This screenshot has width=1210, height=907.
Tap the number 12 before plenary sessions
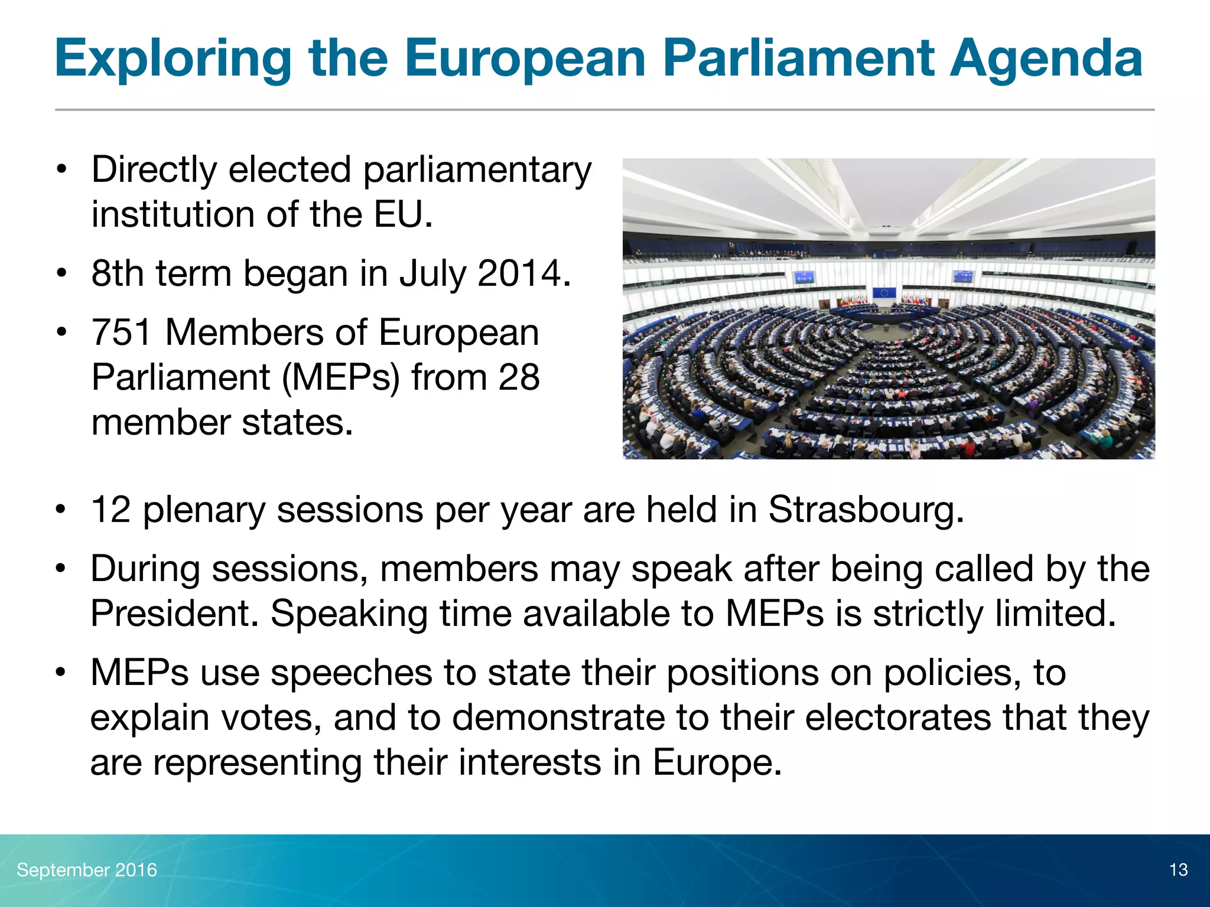[x=111, y=509]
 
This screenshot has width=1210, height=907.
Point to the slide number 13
[x=1178, y=870]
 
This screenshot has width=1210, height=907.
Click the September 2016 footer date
[x=87, y=870]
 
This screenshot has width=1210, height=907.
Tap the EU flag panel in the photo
[x=884, y=293]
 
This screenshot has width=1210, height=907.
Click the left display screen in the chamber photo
[x=804, y=276]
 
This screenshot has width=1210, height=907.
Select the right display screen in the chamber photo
[x=963, y=276]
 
